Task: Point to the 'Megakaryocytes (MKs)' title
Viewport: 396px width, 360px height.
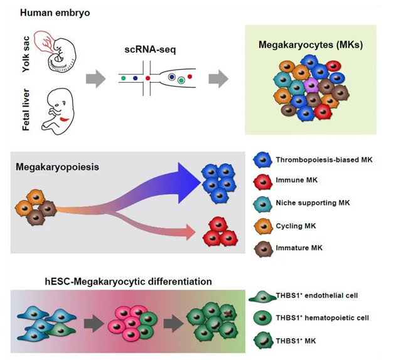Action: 310,45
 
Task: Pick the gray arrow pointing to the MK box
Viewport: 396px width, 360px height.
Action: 218,78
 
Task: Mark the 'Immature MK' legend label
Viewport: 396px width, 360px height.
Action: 301,248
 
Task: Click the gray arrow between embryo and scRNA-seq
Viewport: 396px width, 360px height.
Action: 95,78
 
